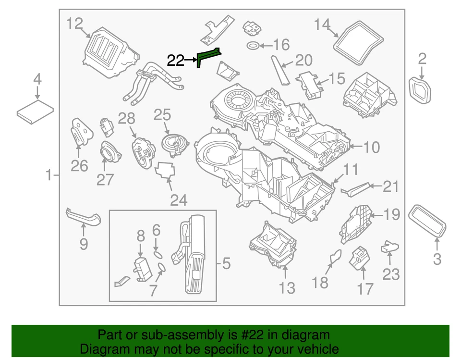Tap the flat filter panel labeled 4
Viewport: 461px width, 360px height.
pos(36,111)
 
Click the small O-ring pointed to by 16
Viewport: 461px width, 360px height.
pos(253,46)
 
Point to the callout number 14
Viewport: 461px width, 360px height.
pos(323,24)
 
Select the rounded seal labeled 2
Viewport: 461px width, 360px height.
pos(421,90)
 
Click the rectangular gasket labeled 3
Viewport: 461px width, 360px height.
pos(427,220)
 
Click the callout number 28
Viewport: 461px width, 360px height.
pos(127,118)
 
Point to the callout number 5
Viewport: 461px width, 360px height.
pos(226,263)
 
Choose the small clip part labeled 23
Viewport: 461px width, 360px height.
pos(390,247)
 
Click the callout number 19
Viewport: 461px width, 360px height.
pos(391,214)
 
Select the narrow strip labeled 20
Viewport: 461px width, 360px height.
pos(280,70)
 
